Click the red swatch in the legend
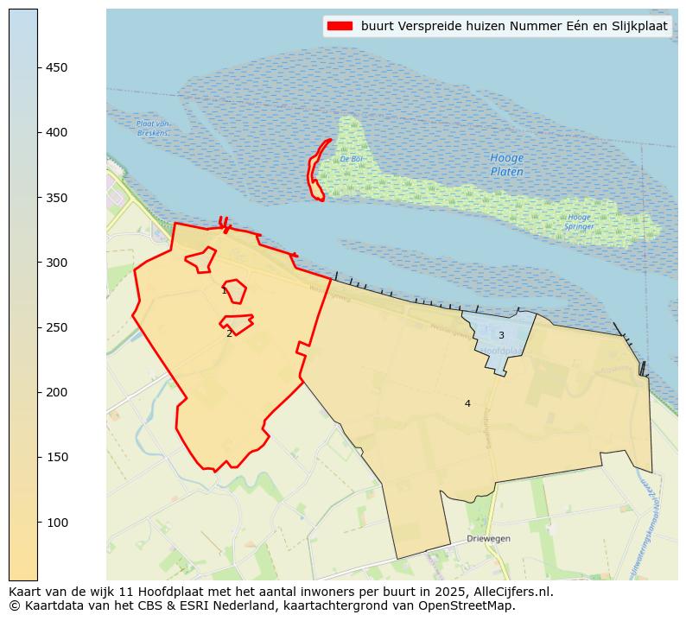340,27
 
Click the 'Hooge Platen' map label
506,165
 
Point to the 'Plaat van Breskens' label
152,129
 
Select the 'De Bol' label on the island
350,159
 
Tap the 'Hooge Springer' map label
579,222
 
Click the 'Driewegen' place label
488,538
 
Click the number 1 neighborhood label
224,291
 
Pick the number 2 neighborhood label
229,333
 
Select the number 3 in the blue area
501,336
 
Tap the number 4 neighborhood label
467,403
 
